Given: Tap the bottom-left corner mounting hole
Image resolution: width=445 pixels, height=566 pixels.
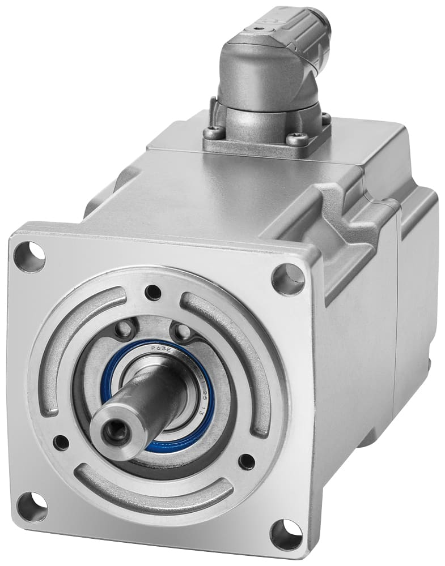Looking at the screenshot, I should coord(32,506).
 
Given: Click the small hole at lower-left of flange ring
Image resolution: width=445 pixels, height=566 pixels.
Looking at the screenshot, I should coord(61,442).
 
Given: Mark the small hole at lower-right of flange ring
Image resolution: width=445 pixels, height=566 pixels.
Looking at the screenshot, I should coord(247,461).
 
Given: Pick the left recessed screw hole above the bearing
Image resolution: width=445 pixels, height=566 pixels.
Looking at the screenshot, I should coord(124,329).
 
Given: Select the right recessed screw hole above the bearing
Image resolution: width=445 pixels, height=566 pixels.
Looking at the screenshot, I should coord(182,331).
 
